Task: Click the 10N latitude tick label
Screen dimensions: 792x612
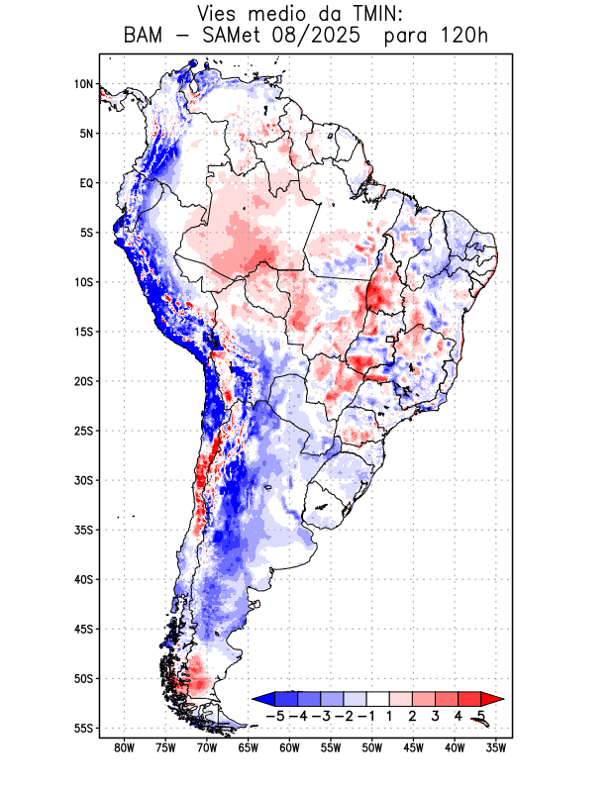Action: click(83, 84)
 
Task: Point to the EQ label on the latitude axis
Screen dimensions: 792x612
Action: click(85, 183)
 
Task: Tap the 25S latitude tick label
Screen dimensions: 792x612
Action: click(83, 431)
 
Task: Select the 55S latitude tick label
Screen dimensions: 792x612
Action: click(83, 728)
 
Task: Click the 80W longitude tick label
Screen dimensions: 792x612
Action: click(125, 747)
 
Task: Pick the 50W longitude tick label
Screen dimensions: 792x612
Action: click(371, 747)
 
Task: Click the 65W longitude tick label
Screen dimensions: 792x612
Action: click(249, 747)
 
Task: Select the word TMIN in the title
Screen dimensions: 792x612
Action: click(376, 14)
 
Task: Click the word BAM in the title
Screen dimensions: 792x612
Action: click(147, 37)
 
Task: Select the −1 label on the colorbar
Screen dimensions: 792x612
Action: click(366, 715)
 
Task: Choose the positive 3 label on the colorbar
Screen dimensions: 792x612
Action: click(435, 715)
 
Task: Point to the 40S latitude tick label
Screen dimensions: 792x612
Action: click(83, 579)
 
